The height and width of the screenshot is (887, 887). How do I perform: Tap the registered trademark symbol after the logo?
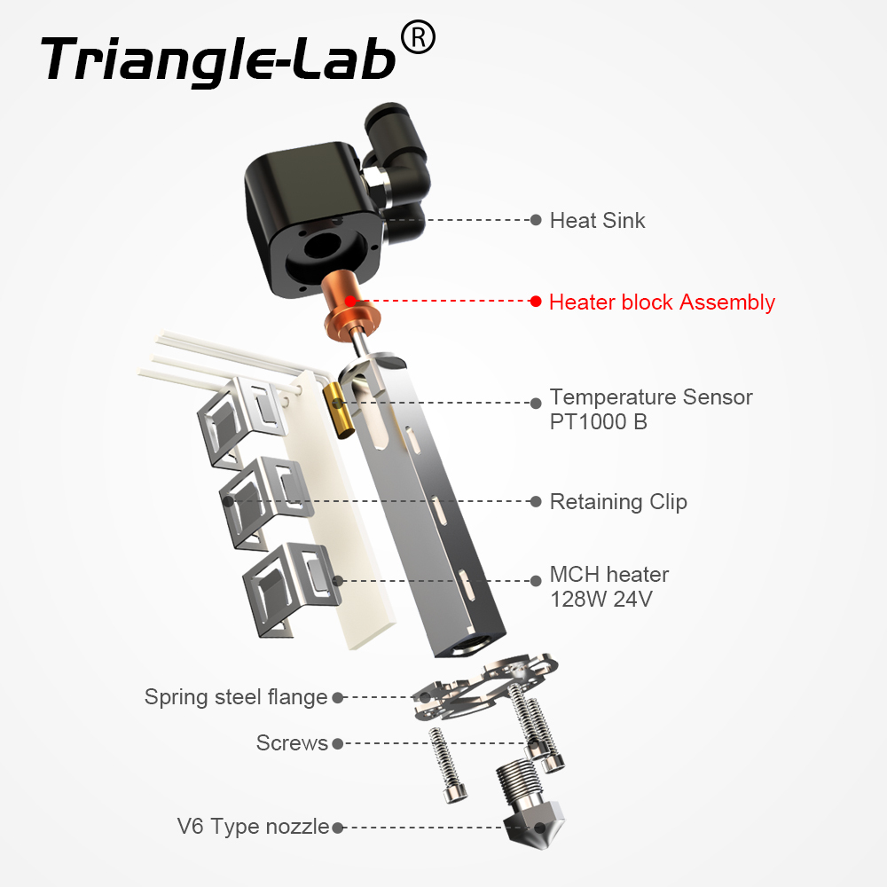pos(418,37)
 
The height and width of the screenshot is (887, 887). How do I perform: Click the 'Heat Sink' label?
pos(597,220)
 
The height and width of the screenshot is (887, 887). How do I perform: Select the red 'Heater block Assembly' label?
pos(662,302)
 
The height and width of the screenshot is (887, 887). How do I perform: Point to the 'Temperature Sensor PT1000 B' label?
pos(650,409)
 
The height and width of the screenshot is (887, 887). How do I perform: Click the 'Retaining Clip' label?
pos(618,502)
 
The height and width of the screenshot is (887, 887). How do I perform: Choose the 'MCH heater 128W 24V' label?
pos(608,587)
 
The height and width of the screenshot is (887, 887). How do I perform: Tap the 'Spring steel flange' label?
pos(236,697)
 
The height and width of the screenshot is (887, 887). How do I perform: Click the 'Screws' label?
pos(292,743)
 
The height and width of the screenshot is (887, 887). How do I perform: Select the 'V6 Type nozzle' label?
pos(253,828)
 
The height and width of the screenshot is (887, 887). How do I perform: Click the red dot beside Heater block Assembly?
pos(536,302)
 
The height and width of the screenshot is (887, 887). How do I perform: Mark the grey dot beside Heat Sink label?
pos(536,220)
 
